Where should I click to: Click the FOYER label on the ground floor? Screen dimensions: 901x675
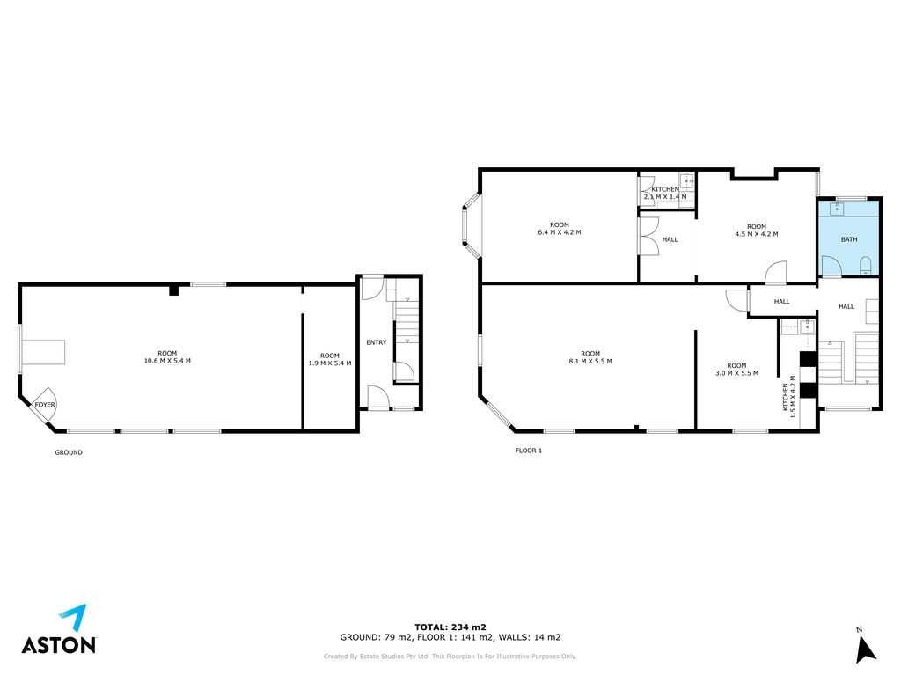click(45, 405)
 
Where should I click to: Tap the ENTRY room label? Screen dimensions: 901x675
click(377, 342)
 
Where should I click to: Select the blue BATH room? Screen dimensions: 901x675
click(849, 238)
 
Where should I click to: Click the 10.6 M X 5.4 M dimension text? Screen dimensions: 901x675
click(167, 361)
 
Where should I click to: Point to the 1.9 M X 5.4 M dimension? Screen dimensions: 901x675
click(330, 363)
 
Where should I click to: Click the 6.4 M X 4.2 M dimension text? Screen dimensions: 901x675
click(559, 233)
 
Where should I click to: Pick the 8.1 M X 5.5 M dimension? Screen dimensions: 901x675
click(590, 362)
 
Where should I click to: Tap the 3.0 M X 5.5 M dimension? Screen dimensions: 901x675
click(736, 373)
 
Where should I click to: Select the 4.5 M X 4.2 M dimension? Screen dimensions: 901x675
click(757, 235)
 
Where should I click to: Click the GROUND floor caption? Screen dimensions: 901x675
click(69, 452)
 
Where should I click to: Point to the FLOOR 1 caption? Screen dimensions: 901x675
click(529, 451)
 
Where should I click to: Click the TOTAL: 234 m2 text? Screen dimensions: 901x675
click(450, 627)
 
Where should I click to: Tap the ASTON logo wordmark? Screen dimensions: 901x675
click(59, 645)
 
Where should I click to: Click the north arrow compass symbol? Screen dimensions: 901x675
click(866, 649)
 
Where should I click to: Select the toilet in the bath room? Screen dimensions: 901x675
click(866, 266)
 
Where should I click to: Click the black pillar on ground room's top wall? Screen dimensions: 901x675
click(174, 290)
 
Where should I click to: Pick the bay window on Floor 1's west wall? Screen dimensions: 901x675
click(472, 224)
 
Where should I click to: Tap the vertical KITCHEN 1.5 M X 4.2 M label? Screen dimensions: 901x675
click(789, 397)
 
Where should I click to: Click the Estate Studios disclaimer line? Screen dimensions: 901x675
click(450, 657)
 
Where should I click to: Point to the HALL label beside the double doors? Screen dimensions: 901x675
click(670, 239)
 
